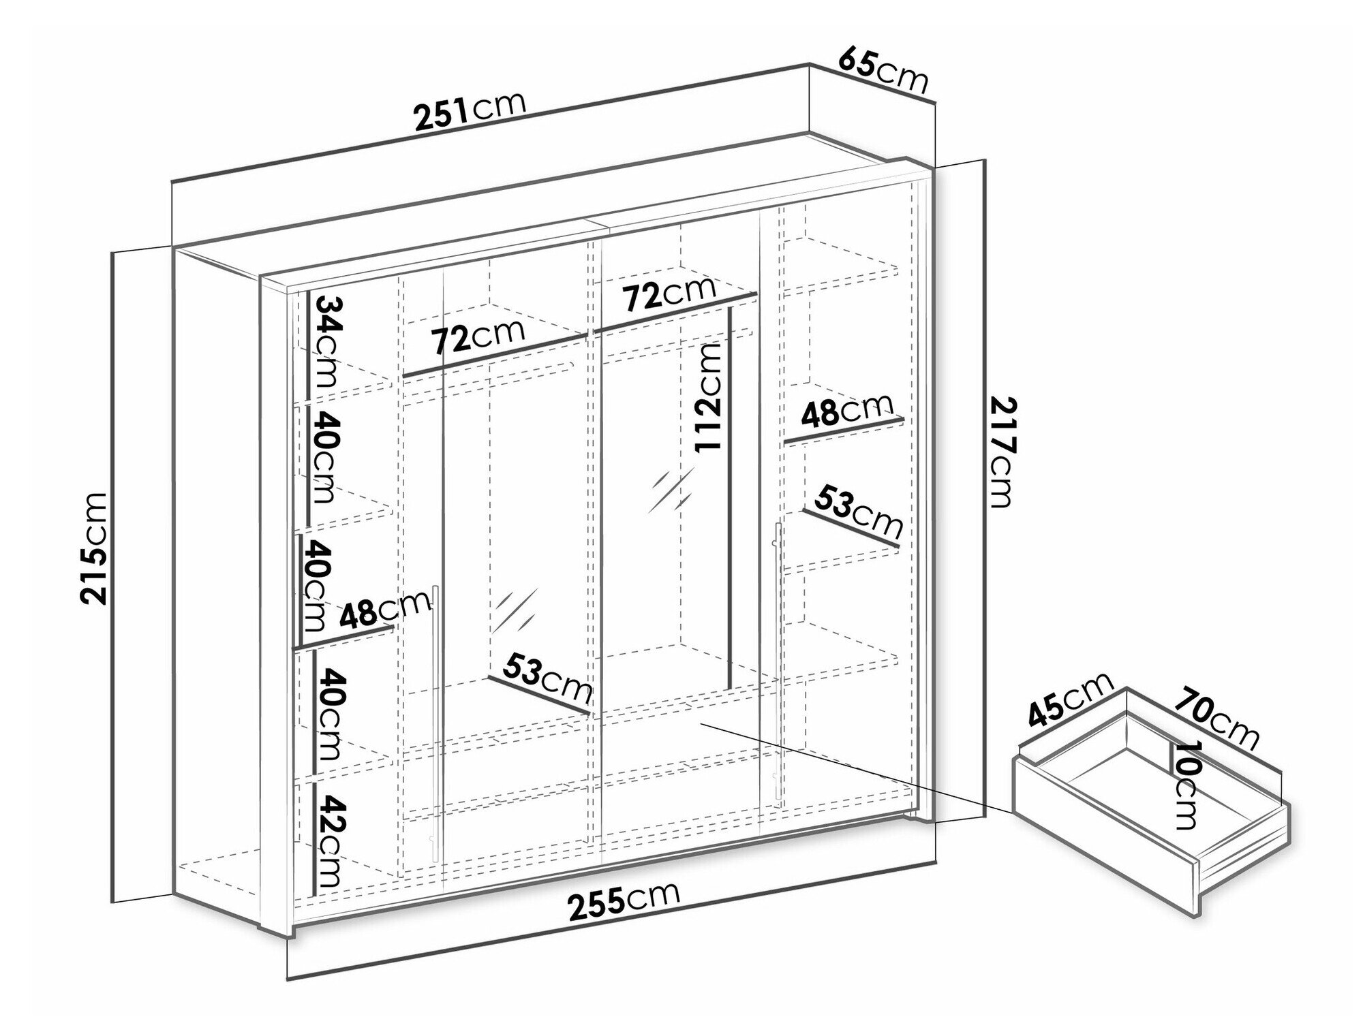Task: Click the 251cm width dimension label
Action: [x=471, y=112]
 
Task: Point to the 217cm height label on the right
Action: [x=1002, y=452]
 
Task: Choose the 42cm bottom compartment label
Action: [x=326, y=841]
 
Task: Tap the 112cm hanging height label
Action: [x=707, y=397]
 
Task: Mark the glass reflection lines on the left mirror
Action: [x=515, y=610]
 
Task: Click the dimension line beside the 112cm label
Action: [x=730, y=497]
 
